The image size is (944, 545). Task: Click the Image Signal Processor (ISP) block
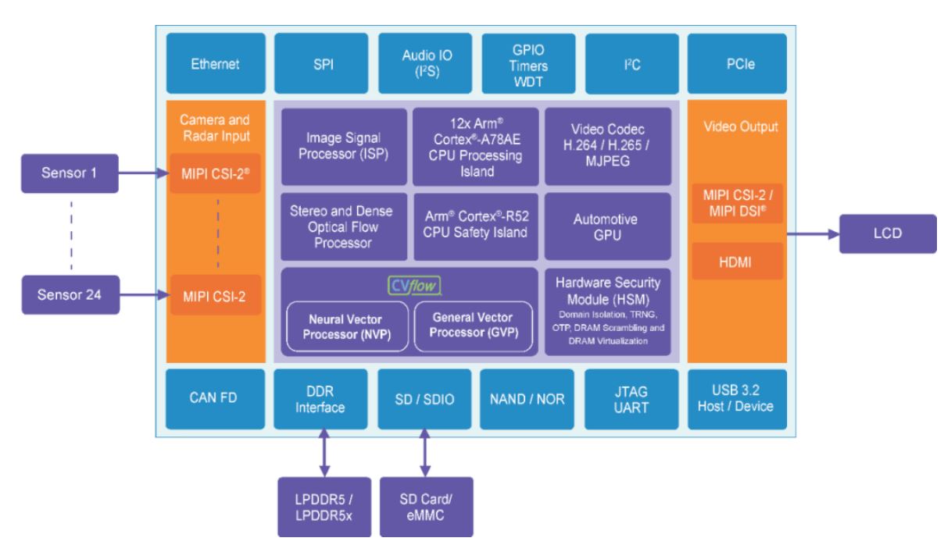coord(344,146)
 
